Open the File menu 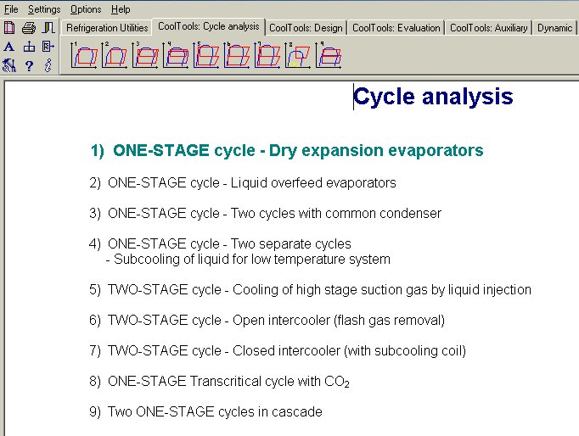(x=11, y=9)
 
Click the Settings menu (x=44, y=9)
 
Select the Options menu (x=86, y=9)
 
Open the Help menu (x=121, y=9)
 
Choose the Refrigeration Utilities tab (x=107, y=28)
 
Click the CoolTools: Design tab (x=306, y=28)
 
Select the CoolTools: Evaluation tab (x=396, y=28)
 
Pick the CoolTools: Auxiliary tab (x=488, y=28)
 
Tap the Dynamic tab (x=554, y=28)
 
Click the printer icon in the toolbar (x=29, y=28)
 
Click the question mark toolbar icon (x=29, y=66)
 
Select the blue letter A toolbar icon (x=9, y=47)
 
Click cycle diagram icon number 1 (x=84, y=55)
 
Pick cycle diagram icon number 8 (x=298, y=55)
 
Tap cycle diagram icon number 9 (x=329, y=55)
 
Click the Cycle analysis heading (x=433, y=97)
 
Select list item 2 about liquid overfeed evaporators (x=243, y=183)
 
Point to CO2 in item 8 (x=337, y=382)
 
